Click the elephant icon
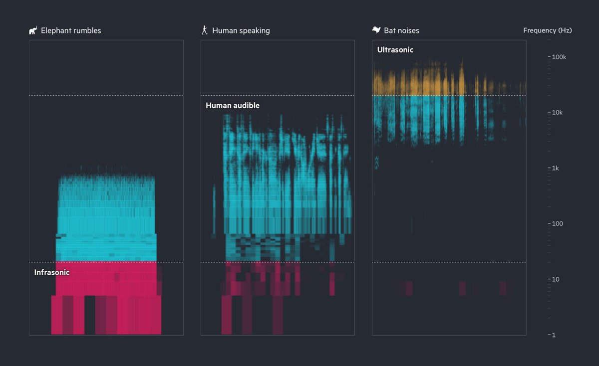click(x=33, y=31)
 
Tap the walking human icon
click(x=204, y=30)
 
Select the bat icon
click(x=376, y=30)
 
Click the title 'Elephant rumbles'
click(x=71, y=31)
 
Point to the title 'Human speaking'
click(x=241, y=31)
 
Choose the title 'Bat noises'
click(x=401, y=31)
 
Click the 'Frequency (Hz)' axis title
click(x=548, y=30)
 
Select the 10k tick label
click(x=558, y=113)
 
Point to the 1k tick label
click(x=556, y=168)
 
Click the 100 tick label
click(x=557, y=224)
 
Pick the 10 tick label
click(x=556, y=279)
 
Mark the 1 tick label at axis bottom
click(x=554, y=335)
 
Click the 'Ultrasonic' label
click(x=395, y=50)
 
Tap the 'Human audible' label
click(x=233, y=106)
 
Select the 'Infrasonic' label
click(x=52, y=272)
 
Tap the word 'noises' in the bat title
click(x=409, y=31)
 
